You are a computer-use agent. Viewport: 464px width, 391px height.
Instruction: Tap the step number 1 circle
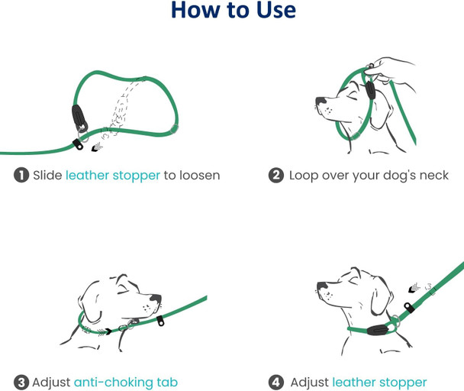tap(21, 176)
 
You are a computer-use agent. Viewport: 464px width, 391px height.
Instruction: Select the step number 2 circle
tap(276, 176)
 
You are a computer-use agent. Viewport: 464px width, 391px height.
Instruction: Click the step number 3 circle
tap(21, 382)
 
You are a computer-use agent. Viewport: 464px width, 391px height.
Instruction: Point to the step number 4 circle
tap(276, 382)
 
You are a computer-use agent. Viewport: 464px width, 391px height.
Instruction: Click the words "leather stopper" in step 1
tap(113, 176)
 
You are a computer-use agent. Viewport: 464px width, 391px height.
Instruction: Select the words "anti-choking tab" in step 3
tap(127, 382)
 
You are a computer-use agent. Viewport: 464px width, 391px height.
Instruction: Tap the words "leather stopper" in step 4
tap(379, 382)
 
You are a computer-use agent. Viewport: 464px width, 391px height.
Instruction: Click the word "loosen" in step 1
tap(199, 176)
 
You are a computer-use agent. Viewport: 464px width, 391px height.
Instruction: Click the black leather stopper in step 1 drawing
tap(78, 118)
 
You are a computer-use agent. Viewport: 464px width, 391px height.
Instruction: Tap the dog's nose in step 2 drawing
tap(319, 102)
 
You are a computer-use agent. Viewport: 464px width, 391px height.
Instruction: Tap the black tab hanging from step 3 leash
tap(161, 320)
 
